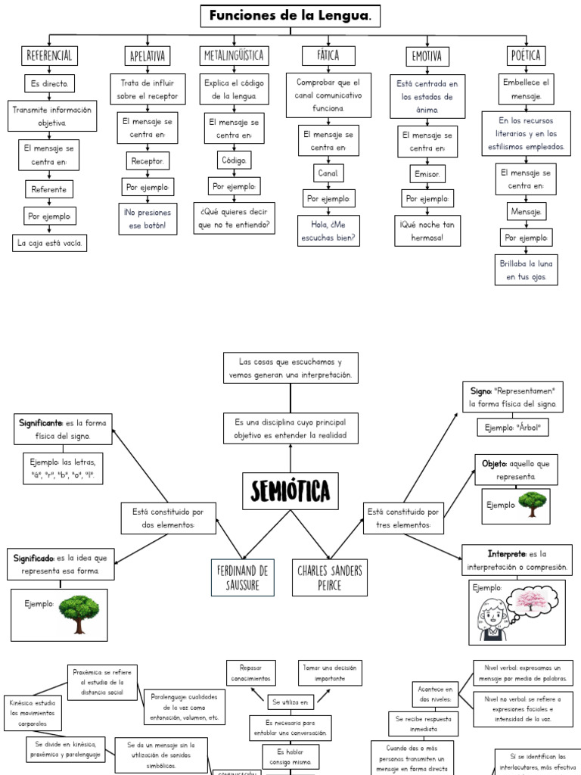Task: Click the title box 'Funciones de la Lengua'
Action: pos(290,15)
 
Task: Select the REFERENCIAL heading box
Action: pos(49,55)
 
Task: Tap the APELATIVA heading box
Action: pos(148,56)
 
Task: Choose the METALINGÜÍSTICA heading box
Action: pos(232,55)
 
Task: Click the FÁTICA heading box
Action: pos(328,55)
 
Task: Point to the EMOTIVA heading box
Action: pos(427,56)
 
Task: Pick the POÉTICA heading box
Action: pos(526,55)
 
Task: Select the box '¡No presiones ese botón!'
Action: pos(148,218)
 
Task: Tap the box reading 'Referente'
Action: pos(49,189)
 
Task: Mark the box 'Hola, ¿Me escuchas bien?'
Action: pos(328,231)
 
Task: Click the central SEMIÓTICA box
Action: pos(290,492)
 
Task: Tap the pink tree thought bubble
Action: pos(533,602)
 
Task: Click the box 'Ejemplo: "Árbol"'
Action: pos(513,428)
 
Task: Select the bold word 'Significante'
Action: pos(40,423)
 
